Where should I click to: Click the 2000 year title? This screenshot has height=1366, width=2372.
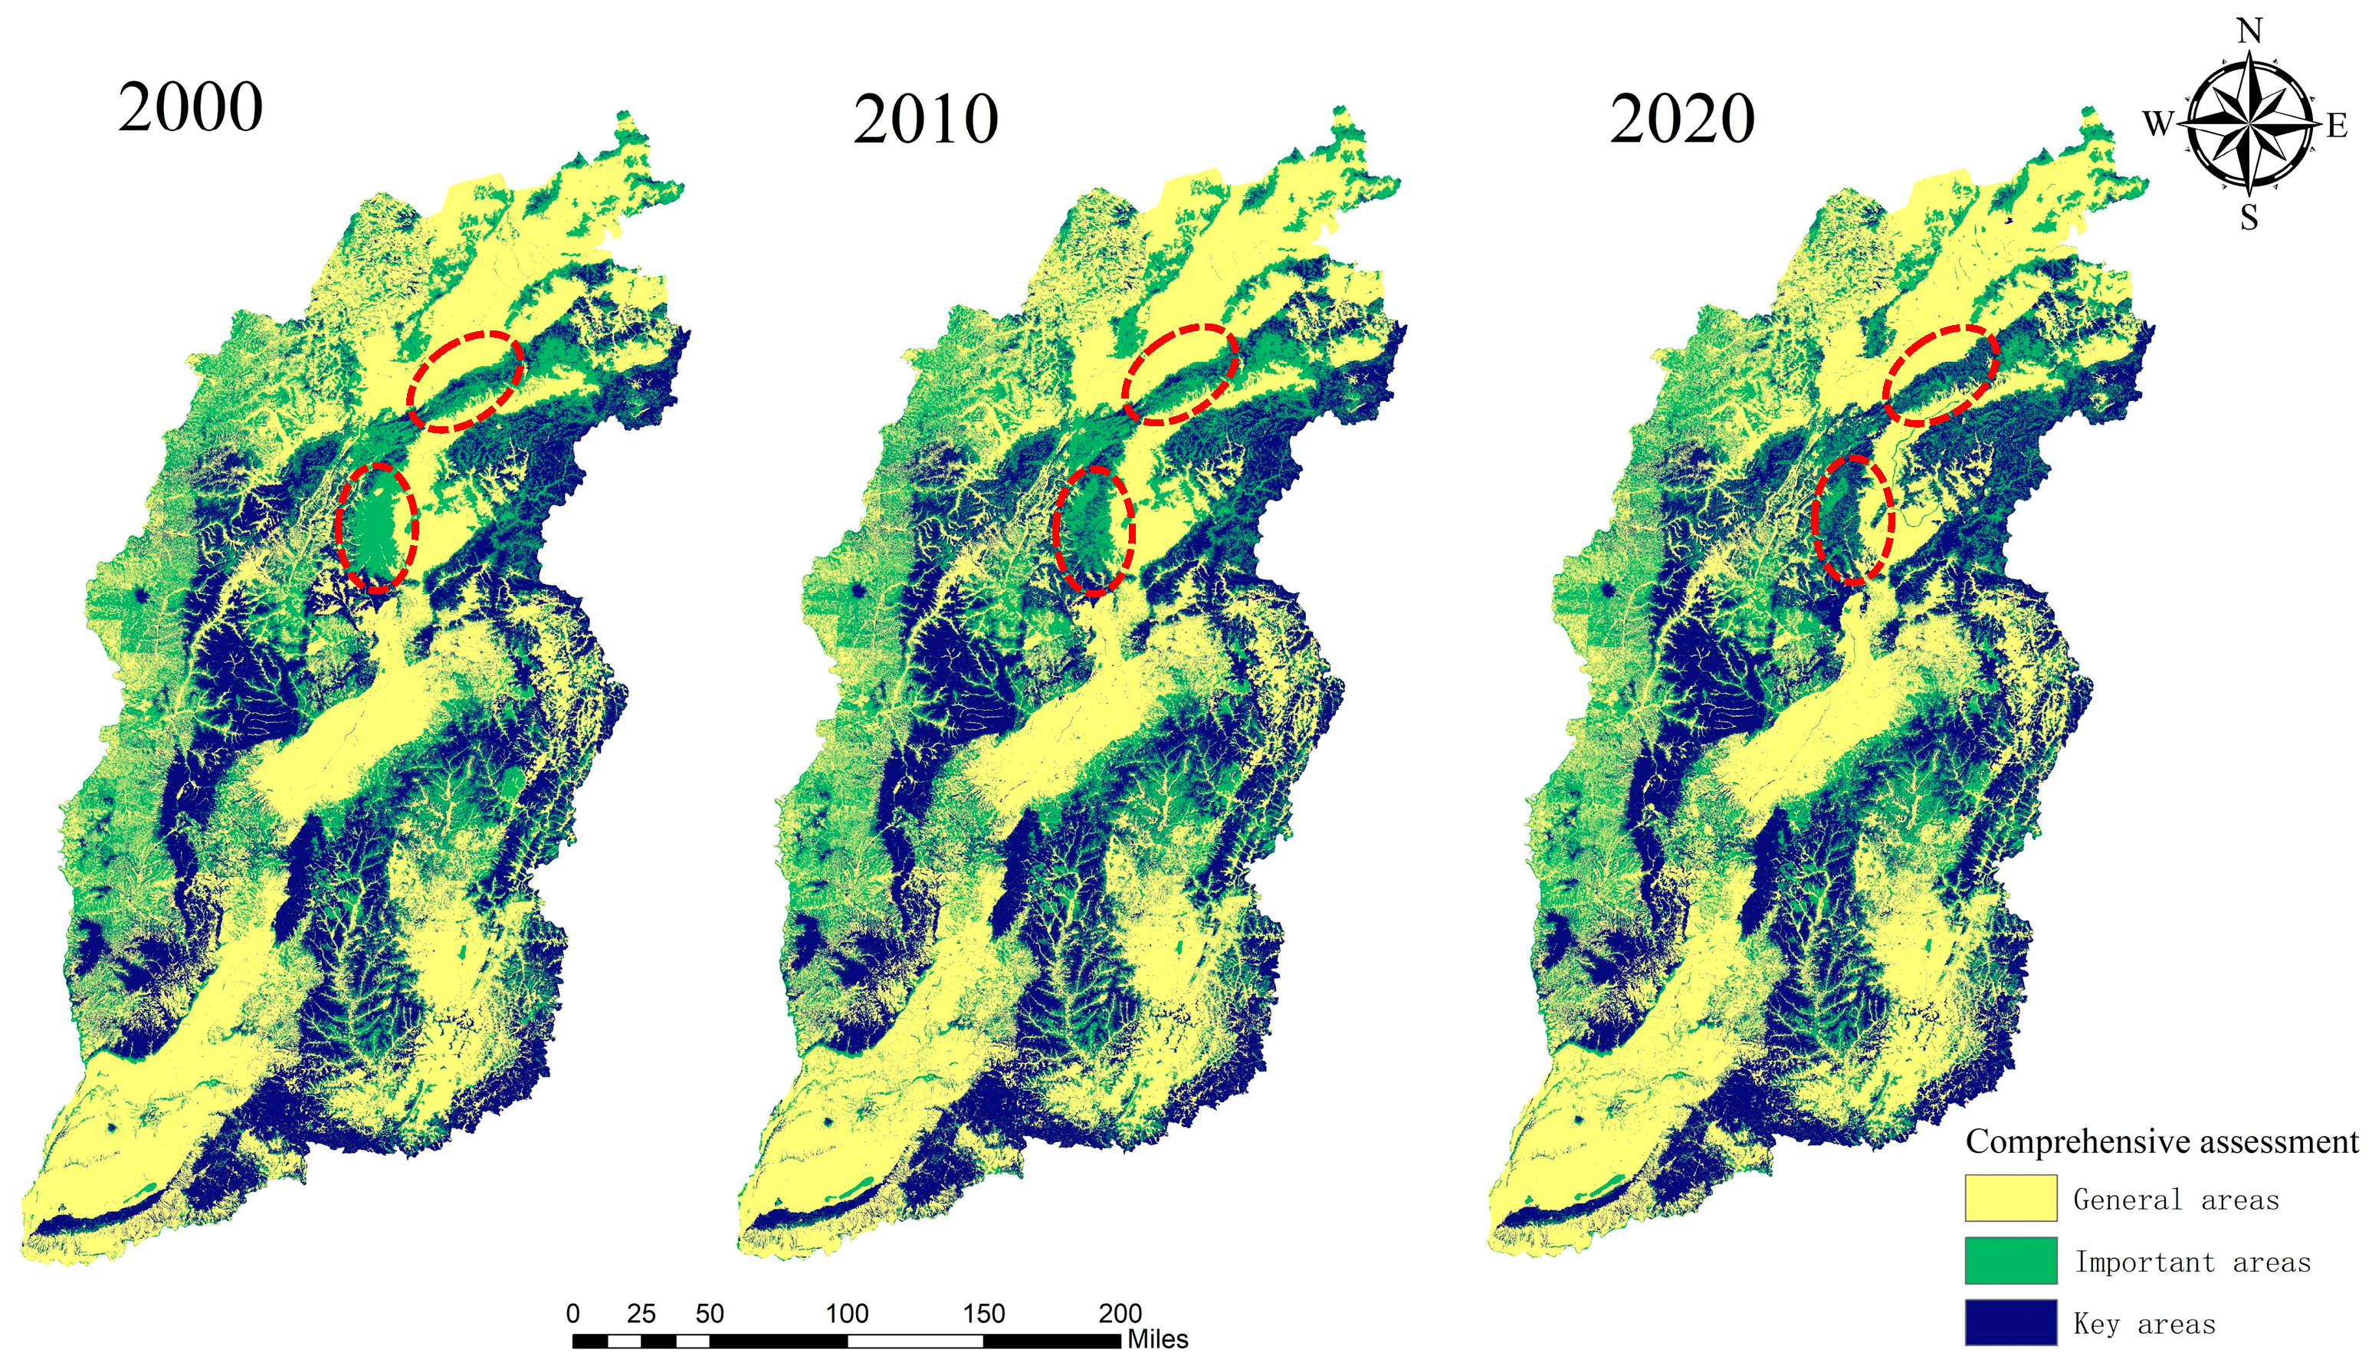(x=190, y=108)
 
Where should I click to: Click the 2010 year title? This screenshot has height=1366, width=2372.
(x=925, y=120)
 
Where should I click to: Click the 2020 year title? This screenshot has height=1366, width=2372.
(x=1681, y=120)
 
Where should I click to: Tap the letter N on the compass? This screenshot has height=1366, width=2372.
(x=2249, y=32)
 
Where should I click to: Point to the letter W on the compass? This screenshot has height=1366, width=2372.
(x=2158, y=123)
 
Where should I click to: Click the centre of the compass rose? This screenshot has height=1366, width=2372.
(x=2249, y=123)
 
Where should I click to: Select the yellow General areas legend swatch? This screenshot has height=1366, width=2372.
(x=2011, y=1198)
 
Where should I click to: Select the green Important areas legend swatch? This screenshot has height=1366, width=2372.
(x=2011, y=1260)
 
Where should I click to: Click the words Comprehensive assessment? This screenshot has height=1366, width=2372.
(x=2162, y=1141)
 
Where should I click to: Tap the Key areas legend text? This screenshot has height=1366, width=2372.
(x=2144, y=1324)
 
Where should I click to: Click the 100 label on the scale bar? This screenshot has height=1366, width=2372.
(x=846, y=1313)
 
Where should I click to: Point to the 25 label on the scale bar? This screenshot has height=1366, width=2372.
(x=641, y=1313)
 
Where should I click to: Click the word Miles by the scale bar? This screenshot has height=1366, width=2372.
(x=1157, y=1339)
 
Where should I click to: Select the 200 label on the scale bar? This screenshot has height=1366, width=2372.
(x=1120, y=1313)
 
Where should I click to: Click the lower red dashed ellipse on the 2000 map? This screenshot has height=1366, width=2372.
(x=377, y=527)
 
